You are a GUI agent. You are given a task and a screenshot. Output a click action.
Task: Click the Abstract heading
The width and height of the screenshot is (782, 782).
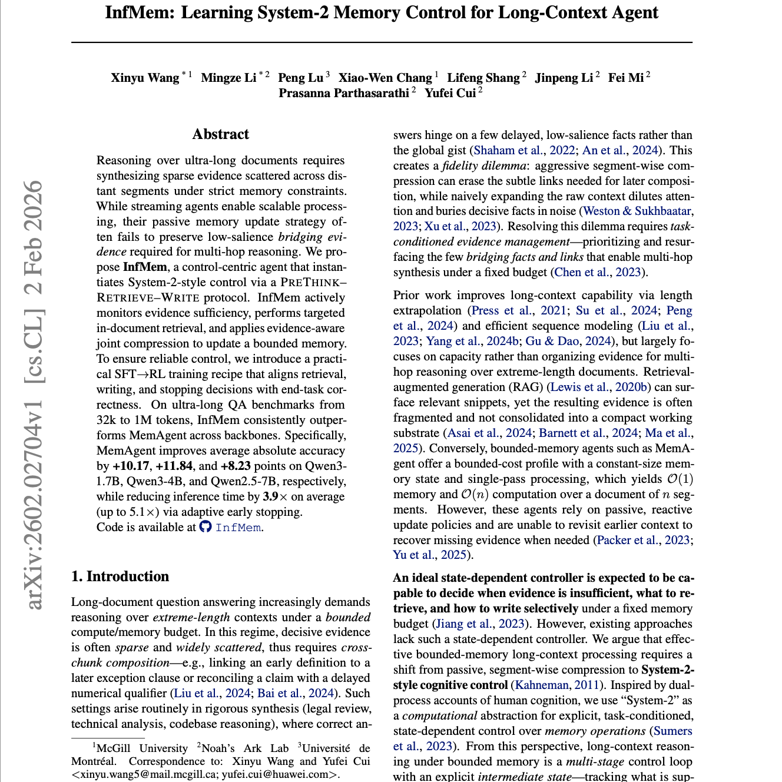pos(220,134)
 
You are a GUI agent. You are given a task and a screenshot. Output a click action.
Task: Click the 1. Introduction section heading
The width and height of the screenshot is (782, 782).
pos(120,576)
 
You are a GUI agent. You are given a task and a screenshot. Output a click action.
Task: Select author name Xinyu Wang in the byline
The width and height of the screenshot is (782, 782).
pos(145,78)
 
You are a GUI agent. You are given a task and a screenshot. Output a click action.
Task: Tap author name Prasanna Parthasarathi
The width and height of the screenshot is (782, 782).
pos(344,93)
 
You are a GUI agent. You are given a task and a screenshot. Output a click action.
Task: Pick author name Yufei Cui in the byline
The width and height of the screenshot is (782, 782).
pos(450,93)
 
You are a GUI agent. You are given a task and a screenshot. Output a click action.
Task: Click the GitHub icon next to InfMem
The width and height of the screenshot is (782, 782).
pos(205,526)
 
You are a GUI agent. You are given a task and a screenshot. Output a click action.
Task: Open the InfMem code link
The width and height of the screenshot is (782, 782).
pos(238,528)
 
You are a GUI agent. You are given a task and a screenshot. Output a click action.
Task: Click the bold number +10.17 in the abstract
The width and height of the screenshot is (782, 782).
pos(132,466)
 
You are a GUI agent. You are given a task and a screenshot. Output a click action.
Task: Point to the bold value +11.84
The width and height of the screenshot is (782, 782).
pos(174,466)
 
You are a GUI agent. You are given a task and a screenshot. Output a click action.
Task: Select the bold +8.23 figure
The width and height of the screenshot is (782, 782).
pos(236,466)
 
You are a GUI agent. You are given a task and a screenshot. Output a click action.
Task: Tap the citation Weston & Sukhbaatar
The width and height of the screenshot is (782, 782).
pos(637,211)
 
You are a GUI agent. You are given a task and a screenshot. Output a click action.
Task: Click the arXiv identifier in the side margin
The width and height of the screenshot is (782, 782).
pos(34,506)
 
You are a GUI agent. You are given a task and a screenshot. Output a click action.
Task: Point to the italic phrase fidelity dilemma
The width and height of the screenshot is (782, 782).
pos(484,165)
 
